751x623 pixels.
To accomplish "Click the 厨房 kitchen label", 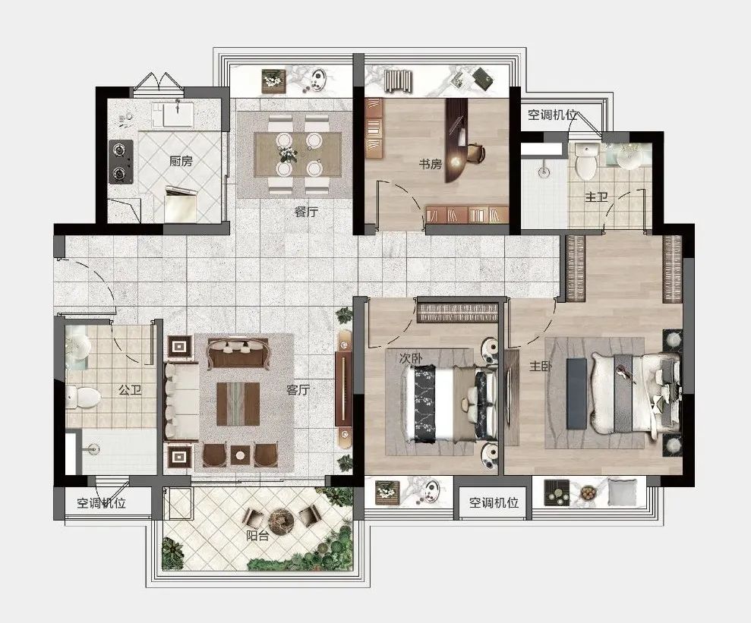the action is click(181, 162).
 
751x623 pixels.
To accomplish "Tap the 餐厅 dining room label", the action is click(306, 212).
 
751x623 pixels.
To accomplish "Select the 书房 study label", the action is click(430, 164).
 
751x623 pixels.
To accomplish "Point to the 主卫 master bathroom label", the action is click(596, 197).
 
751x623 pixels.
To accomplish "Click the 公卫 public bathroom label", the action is click(131, 390).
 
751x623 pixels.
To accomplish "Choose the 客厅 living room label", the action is click(298, 390).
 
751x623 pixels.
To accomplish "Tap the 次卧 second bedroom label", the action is click(411, 358).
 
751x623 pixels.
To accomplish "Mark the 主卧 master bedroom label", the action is click(541, 367).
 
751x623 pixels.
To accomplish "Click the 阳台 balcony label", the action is click(257, 536).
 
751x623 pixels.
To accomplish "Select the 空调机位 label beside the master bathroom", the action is click(552, 115).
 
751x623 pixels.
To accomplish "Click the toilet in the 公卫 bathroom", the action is click(84, 397).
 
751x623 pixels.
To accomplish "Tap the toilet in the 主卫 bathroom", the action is click(585, 161).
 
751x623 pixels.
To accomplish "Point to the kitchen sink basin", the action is click(178, 115).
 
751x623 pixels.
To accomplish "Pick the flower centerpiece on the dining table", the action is click(288, 153).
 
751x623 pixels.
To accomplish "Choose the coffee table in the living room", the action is click(238, 404).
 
